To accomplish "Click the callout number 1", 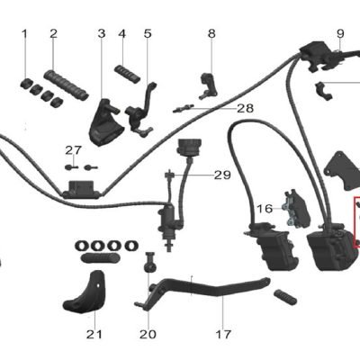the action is (x=25, y=34).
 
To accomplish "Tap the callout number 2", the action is (x=53, y=33).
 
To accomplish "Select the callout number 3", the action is (x=102, y=33).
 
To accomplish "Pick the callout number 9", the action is (x=340, y=33).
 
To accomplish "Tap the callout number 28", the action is (x=246, y=108).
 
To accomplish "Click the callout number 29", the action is (x=222, y=175).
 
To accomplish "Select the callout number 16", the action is (x=265, y=209).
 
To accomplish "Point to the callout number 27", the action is (x=74, y=150).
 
